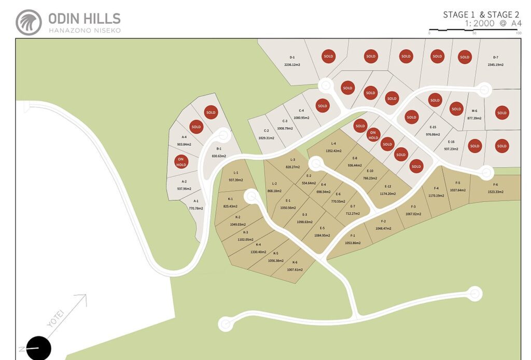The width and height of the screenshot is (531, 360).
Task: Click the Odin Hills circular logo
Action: [29, 22]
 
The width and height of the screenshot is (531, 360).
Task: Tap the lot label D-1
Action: [292, 58]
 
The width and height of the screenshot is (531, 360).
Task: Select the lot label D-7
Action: [495, 58]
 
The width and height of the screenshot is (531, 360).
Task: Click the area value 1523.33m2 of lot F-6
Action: [495, 192]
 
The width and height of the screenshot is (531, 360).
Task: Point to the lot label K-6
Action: [295, 262]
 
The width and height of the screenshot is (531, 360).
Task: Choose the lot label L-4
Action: [333, 144]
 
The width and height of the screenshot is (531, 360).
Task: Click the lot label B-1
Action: [219, 149]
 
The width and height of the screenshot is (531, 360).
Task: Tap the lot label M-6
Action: [474, 111]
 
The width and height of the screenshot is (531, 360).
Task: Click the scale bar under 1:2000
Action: [474, 30]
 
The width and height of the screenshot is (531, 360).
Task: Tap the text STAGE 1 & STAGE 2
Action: [481, 15]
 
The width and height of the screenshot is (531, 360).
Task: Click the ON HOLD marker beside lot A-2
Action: [181, 162]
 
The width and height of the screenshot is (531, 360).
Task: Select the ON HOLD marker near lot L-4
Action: [373, 135]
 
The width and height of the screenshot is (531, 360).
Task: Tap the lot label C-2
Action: [266, 131]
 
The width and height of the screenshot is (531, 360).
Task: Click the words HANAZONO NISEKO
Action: [85, 31]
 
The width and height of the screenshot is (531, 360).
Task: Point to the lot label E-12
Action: [387, 186]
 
